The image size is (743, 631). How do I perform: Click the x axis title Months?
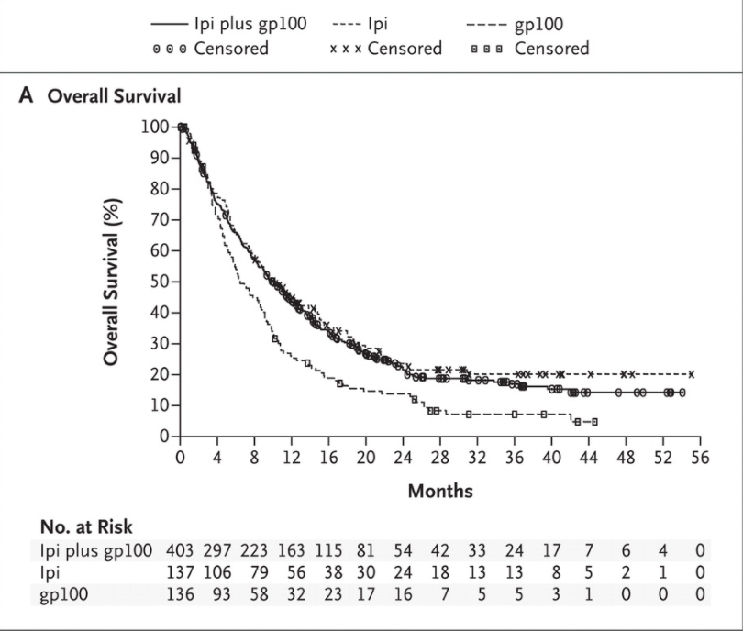pyautogui.click(x=440, y=491)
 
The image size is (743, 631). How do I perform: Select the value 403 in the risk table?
pyautogui.click(x=180, y=550)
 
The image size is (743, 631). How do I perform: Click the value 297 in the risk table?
pyautogui.click(x=218, y=550)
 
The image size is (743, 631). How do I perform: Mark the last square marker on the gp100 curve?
pyautogui.click(x=594, y=422)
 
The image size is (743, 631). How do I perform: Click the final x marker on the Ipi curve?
pyautogui.click(x=691, y=374)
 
